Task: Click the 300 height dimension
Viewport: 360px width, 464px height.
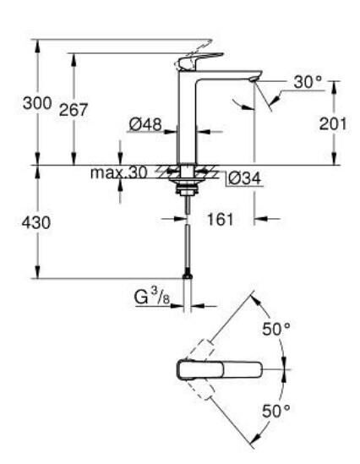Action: click(36, 102)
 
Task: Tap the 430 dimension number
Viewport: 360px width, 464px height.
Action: click(36, 223)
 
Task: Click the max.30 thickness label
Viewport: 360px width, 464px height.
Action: click(119, 172)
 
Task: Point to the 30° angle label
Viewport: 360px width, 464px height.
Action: click(308, 82)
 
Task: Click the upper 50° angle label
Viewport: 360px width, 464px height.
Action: click(275, 330)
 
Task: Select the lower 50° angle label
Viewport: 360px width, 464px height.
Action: click(275, 411)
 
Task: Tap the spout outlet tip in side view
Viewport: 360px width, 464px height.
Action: click(254, 79)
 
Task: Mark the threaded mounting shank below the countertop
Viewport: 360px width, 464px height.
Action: click(186, 186)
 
